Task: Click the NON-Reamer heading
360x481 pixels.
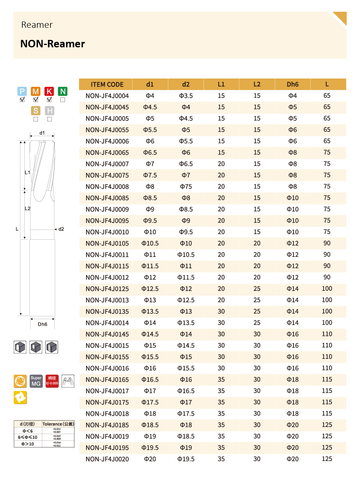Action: [x=52, y=44]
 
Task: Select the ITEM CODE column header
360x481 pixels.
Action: [x=107, y=84]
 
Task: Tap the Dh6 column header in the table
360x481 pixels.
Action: [x=292, y=84]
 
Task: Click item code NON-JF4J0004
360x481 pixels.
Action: [x=107, y=96]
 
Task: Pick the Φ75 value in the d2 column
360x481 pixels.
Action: [x=186, y=187]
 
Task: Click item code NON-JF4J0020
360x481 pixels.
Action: [x=107, y=459]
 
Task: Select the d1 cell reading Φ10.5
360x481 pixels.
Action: [x=150, y=243]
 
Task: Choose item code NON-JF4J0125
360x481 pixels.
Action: [x=107, y=289]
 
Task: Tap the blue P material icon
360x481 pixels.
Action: [x=22, y=92]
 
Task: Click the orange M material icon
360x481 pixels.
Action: [x=36, y=92]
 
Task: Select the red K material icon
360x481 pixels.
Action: [x=49, y=92]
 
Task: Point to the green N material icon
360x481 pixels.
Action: [x=63, y=92]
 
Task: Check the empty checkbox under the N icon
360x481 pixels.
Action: [x=63, y=100]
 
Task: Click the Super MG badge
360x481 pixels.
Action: [x=36, y=381]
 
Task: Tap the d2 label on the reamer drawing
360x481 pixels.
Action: [x=61, y=229]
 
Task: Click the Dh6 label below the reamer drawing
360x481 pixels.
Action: [x=42, y=324]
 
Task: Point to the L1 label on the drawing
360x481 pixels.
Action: [x=27, y=172]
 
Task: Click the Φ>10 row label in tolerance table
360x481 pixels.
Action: [x=28, y=444]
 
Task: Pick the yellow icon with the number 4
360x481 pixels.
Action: [x=20, y=398]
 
